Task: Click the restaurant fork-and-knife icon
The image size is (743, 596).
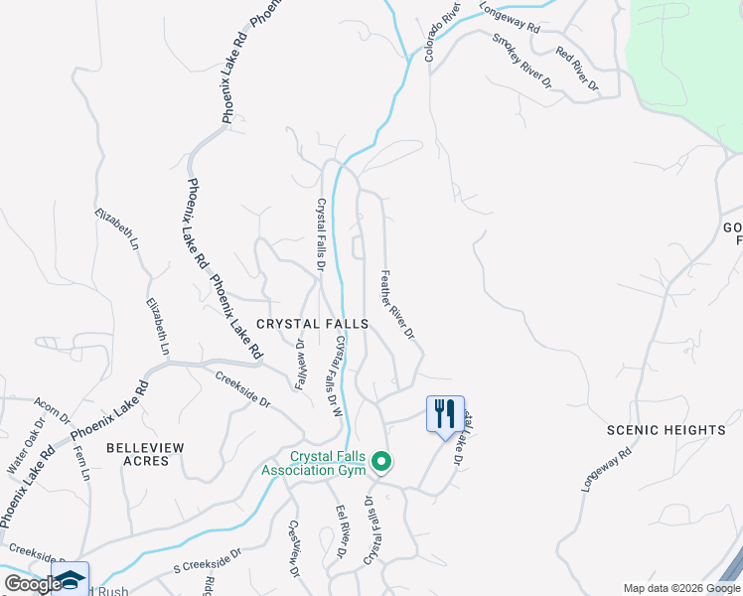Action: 444,412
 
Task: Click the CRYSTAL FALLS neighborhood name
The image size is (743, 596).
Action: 312,324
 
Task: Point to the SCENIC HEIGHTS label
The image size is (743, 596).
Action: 667,430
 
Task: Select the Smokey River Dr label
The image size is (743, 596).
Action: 521,60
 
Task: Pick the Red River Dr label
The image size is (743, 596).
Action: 577,69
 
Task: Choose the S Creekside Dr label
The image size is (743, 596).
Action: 208,562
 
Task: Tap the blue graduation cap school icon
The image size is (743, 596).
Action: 72,579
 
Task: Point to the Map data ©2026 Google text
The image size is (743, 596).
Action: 681,588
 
